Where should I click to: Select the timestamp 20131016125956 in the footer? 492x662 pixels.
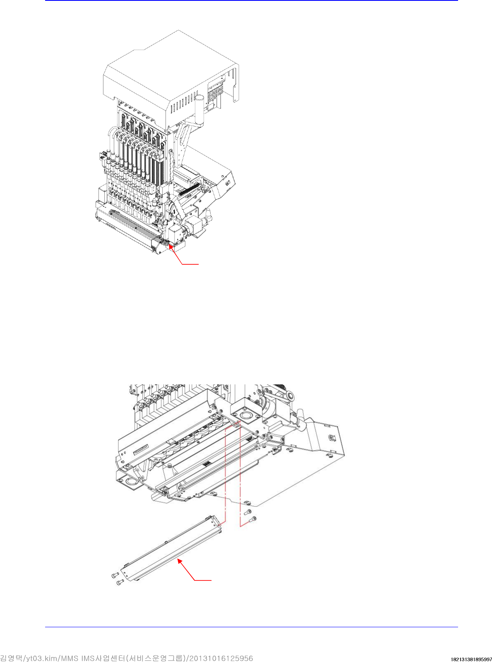224,658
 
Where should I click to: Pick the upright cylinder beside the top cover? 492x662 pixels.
200,109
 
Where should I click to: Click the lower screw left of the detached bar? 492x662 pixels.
120,583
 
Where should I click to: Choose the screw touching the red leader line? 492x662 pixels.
253,518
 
